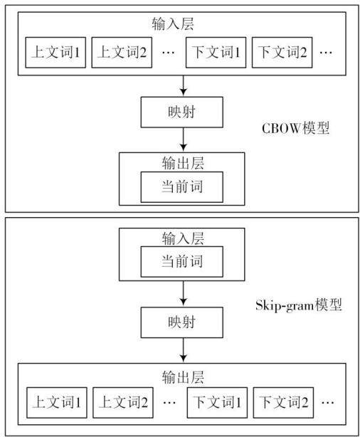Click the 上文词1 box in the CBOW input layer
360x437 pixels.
(55, 53)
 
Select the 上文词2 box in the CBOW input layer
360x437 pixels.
(122, 53)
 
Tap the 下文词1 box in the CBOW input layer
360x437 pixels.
(216, 53)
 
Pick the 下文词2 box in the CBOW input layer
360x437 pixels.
(282, 53)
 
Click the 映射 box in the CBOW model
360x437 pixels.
(181, 112)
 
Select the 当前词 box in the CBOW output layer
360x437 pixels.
(181, 186)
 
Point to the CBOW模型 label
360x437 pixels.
(295, 128)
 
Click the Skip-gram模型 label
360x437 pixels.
(299, 305)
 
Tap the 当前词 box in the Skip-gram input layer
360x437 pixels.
(181, 261)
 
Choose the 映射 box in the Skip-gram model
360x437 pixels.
(181, 322)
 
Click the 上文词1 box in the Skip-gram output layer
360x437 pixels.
(57, 402)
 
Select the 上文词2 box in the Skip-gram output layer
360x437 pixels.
(123, 402)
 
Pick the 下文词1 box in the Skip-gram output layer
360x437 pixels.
(217, 402)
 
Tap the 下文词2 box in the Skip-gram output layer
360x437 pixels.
(283, 402)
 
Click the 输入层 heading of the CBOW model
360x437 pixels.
(173, 24)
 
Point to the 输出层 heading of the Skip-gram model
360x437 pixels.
(183, 377)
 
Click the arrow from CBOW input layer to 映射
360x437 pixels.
(183, 85)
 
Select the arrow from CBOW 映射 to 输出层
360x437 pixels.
(183, 139)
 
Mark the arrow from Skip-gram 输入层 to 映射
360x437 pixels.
(183, 293)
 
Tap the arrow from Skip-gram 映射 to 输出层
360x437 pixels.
(183, 350)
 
